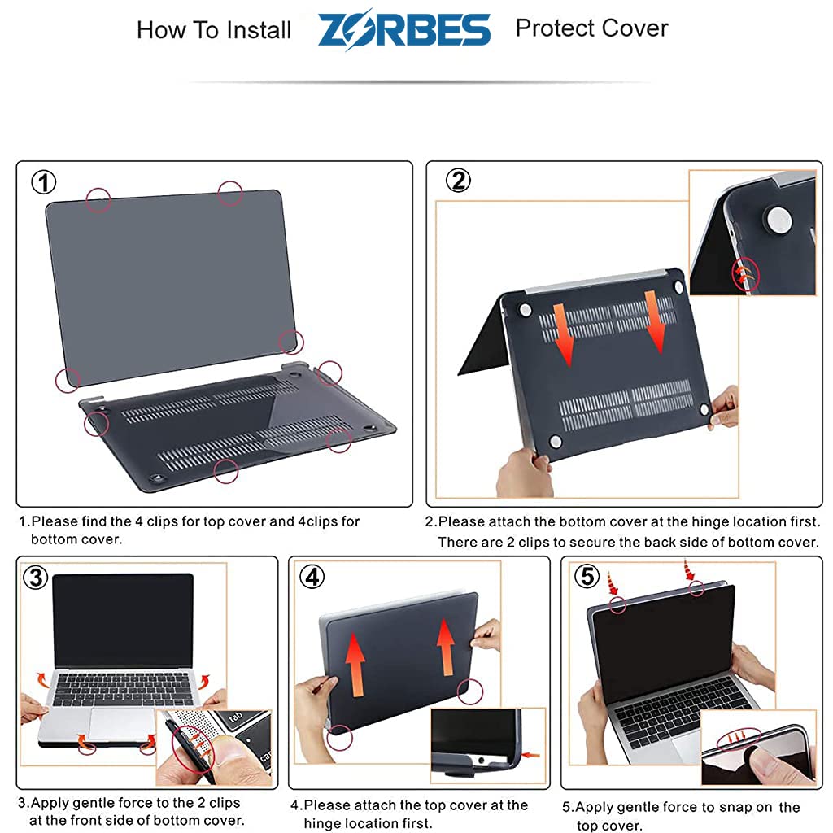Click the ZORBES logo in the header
404,30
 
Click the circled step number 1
43,181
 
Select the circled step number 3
34,577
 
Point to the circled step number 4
312,577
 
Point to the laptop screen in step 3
122,620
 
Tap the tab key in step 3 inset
236,718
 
